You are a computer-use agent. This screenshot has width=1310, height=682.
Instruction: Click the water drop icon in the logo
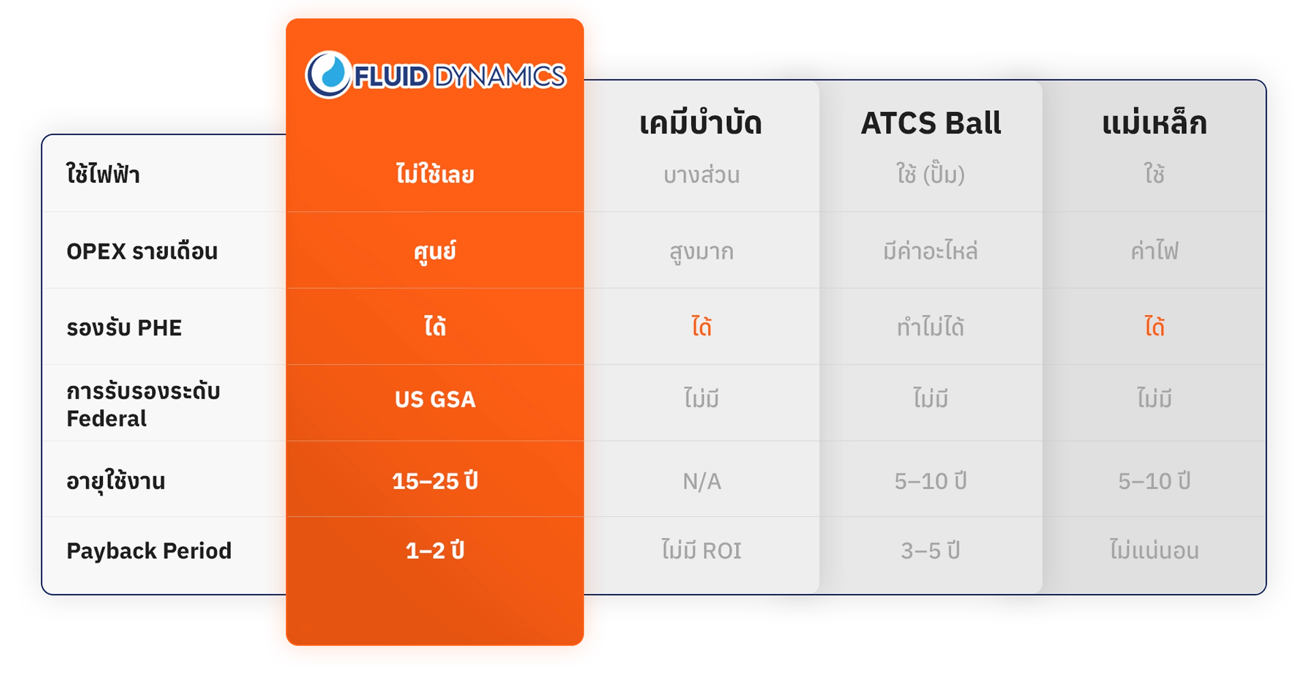[328, 75]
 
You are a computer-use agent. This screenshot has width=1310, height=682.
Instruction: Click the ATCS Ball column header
[931, 123]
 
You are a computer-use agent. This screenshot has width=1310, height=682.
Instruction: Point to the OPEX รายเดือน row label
[142, 252]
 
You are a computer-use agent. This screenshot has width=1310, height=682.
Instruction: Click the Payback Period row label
[149, 551]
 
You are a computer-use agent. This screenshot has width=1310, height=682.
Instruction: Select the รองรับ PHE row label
[124, 328]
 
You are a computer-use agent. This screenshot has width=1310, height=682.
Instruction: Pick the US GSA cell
[435, 399]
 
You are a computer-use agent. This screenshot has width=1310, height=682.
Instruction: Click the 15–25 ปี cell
[435, 481]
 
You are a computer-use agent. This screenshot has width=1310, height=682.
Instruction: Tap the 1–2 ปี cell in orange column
[435, 550]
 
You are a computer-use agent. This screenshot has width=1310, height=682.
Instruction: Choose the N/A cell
[702, 481]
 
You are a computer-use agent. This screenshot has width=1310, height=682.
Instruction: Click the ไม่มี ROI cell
[701, 549]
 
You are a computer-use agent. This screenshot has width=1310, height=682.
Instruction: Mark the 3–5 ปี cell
[931, 550]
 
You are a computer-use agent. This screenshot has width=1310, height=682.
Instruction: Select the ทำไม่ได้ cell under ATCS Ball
[931, 326]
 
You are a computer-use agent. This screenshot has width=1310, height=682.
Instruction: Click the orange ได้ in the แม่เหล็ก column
[1154, 326]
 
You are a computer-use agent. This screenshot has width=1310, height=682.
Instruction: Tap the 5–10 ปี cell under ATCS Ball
[931, 481]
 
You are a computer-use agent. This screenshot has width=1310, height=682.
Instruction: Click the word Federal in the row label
[106, 419]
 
